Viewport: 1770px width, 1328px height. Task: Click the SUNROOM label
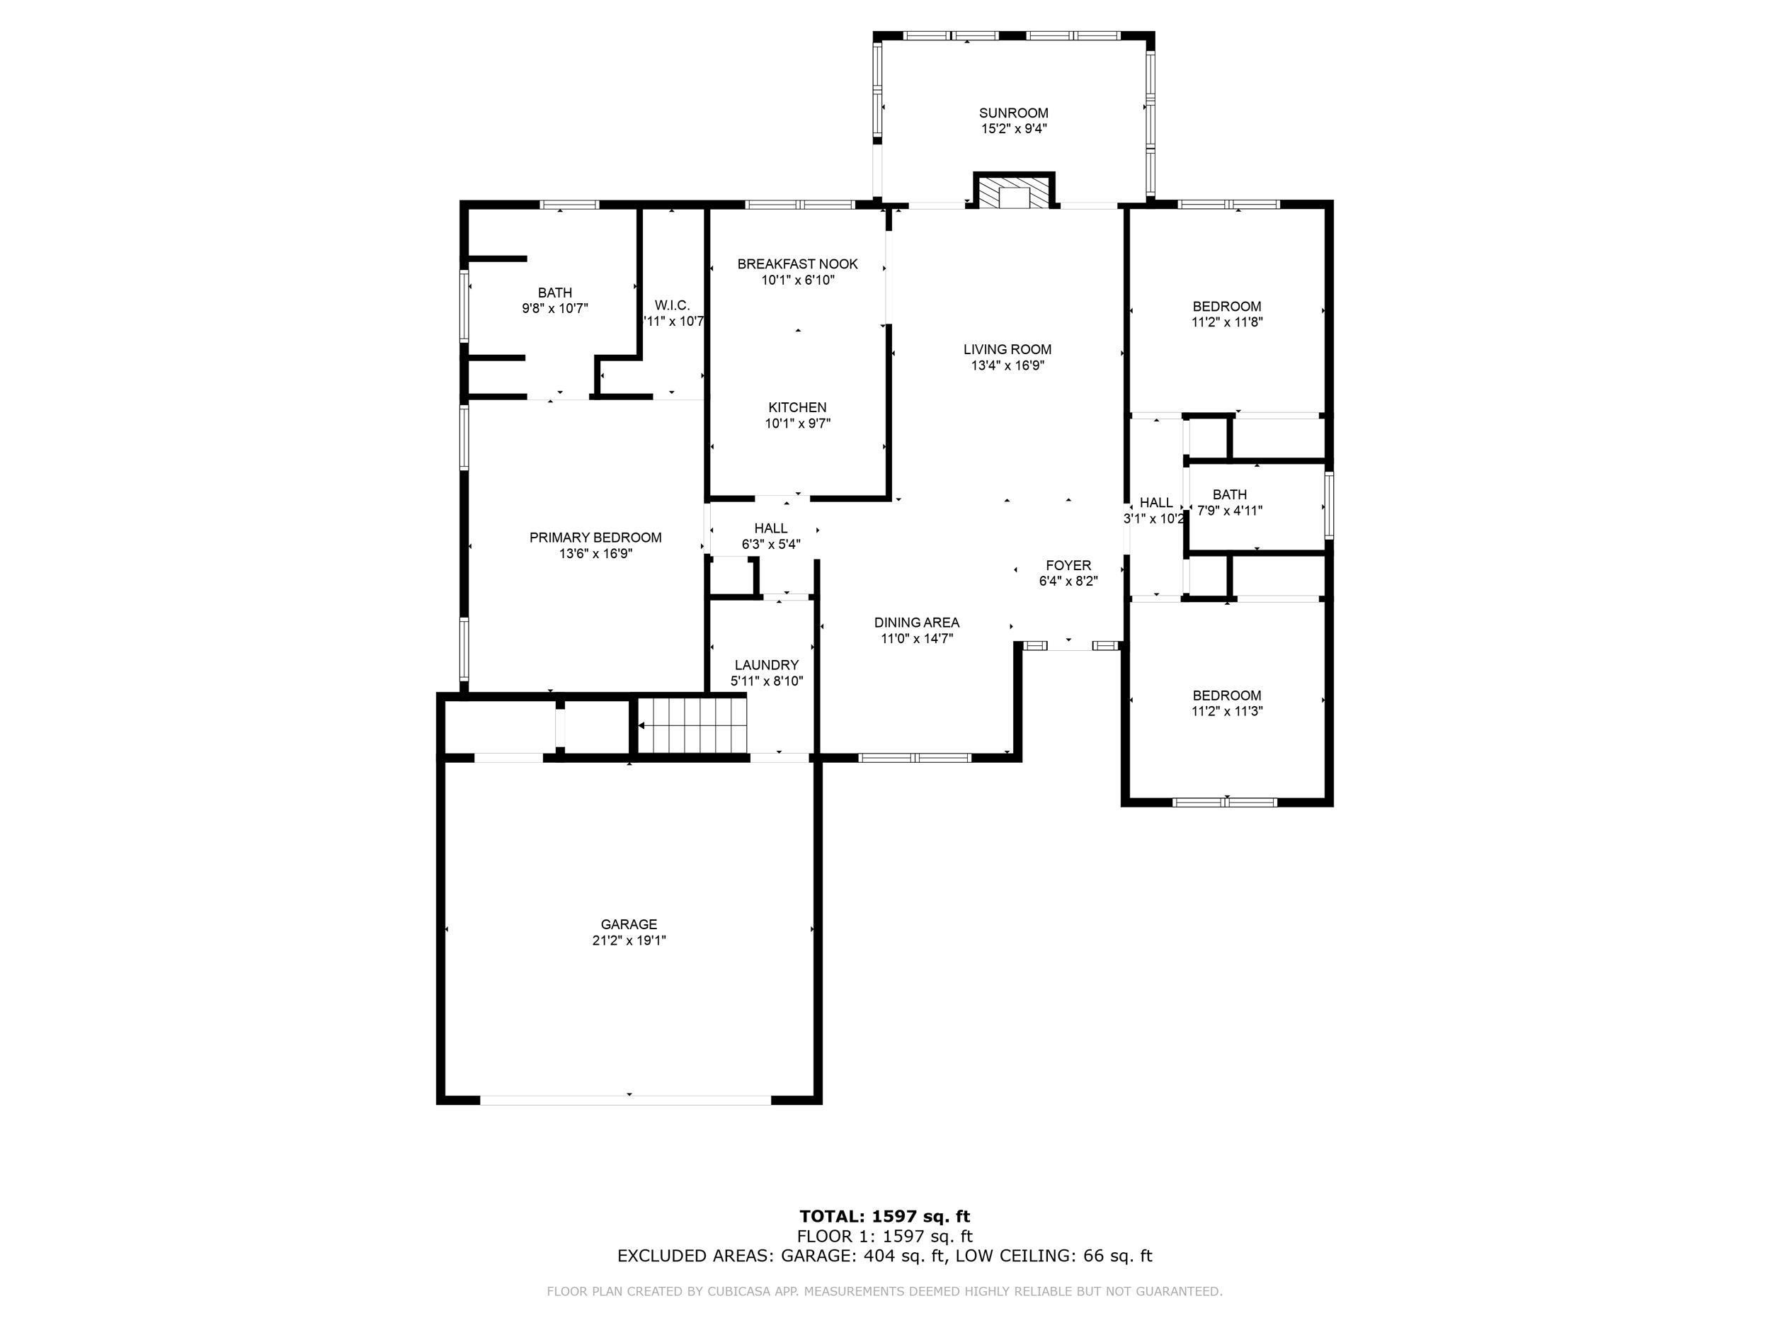pyautogui.click(x=1013, y=113)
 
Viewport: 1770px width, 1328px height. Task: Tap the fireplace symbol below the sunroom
pyautogui.click(x=1014, y=191)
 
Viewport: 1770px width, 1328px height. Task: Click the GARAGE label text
pyautogui.click(x=629, y=924)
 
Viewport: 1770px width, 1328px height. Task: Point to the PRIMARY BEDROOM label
pyautogui.click(x=595, y=538)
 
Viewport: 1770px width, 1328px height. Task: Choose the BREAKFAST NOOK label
pyautogui.click(x=797, y=264)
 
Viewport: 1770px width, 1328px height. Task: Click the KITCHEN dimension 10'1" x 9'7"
pyautogui.click(x=797, y=424)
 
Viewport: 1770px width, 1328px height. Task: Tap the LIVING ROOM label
pyautogui.click(x=1007, y=350)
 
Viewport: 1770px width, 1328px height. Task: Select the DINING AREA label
pyautogui.click(x=916, y=623)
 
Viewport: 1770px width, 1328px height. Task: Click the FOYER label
pyautogui.click(x=1068, y=566)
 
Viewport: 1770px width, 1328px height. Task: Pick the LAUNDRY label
pyautogui.click(x=767, y=665)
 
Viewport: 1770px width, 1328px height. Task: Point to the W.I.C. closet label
pyautogui.click(x=672, y=306)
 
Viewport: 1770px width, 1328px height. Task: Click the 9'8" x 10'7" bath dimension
pyautogui.click(x=555, y=308)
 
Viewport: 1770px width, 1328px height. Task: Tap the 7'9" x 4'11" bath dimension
pyautogui.click(x=1230, y=510)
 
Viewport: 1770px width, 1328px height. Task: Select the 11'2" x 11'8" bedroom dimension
pyautogui.click(x=1227, y=322)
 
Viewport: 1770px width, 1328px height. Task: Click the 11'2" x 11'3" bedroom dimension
pyautogui.click(x=1227, y=711)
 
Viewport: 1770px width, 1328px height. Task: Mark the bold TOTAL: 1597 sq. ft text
pyautogui.click(x=884, y=1218)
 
